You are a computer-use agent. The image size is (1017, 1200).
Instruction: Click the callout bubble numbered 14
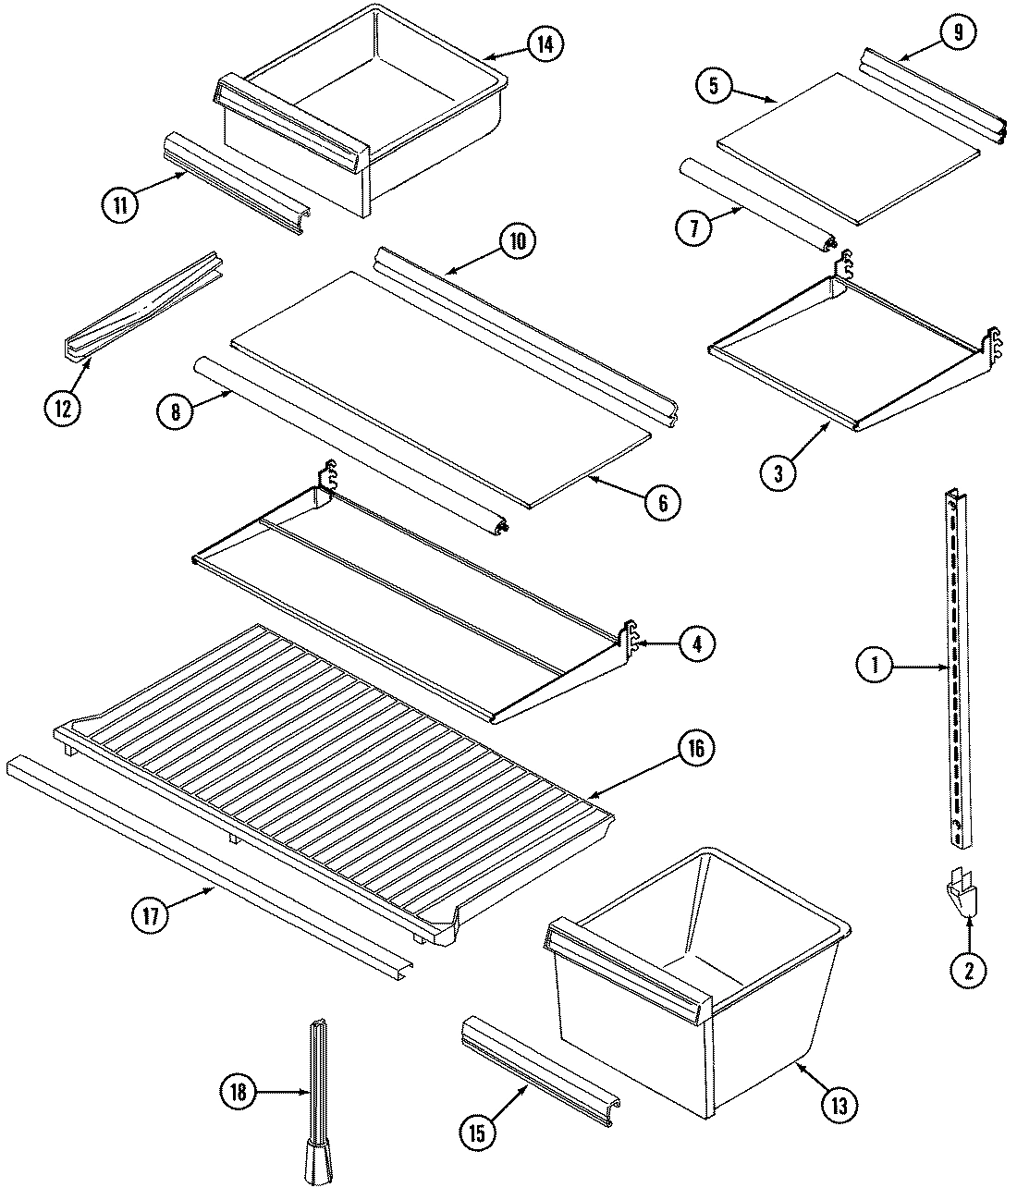546,43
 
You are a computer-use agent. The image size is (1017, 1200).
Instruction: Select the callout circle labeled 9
957,32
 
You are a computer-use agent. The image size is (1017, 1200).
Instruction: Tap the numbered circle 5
714,87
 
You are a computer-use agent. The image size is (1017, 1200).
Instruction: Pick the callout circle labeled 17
151,916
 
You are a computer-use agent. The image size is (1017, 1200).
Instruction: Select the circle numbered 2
968,971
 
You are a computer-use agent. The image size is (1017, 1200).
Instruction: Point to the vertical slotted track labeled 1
958,666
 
